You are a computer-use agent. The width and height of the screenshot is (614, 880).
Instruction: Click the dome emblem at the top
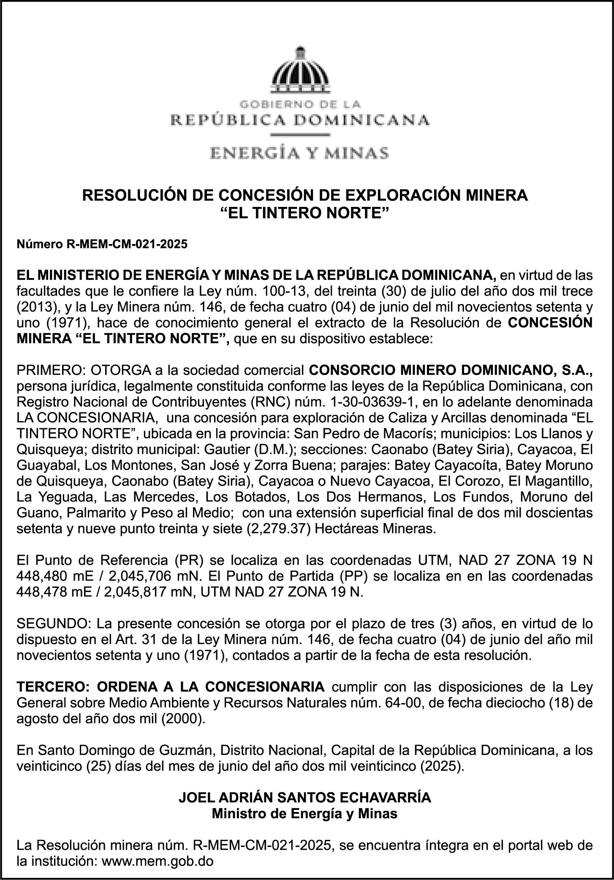[300, 71]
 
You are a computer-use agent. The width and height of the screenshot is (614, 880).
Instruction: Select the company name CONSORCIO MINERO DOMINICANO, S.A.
[451, 370]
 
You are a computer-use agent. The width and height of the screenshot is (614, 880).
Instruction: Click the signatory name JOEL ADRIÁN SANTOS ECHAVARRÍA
[305, 798]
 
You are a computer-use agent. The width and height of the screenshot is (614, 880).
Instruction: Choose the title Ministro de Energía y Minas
[305, 813]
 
